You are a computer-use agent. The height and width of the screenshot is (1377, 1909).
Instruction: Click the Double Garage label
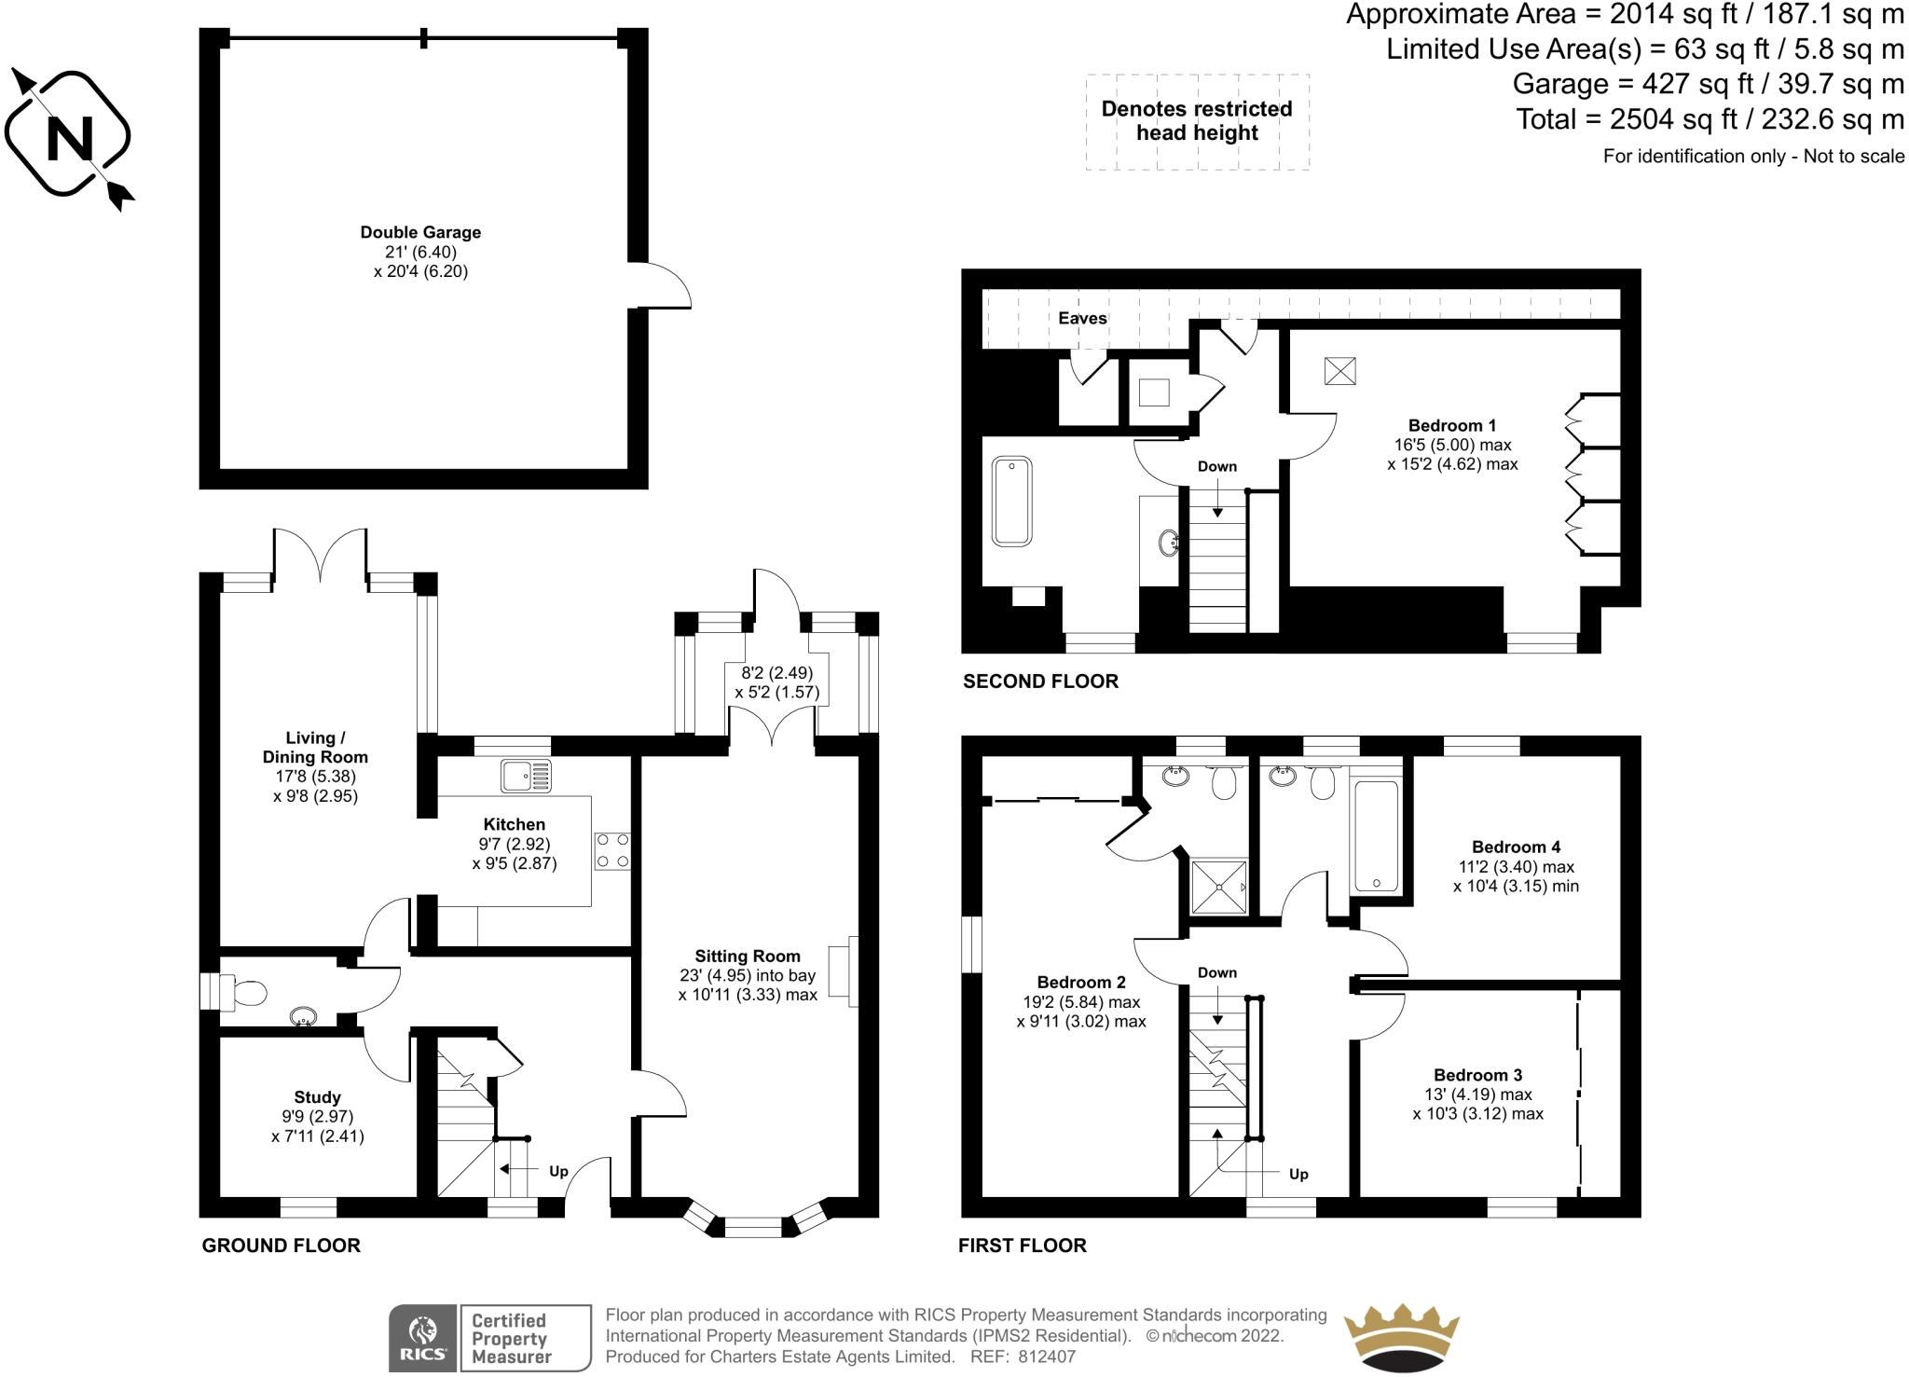[x=420, y=232]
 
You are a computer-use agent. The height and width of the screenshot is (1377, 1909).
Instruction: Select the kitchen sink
[x=526, y=776]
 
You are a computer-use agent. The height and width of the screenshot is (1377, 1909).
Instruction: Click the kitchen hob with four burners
[x=612, y=850]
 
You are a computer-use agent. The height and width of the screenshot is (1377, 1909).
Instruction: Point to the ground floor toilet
[x=245, y=994]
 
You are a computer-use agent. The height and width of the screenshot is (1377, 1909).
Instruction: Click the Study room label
[x=317, y=1097]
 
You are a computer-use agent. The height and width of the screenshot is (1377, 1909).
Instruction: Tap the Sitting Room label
[x=748, y=956]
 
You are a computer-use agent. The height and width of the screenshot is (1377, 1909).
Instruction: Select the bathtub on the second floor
[x=1011, y=501]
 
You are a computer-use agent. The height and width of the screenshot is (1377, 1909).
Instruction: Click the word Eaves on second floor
[x=1082, y=318]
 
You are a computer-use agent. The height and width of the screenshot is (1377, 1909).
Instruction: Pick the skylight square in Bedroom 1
[x=1340, y=371]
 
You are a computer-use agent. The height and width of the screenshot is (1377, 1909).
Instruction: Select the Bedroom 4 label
[x=1516, y=847]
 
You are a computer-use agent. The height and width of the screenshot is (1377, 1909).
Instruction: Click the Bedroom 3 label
[x=1477, y=1075]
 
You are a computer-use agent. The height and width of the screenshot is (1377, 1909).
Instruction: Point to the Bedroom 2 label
[x=1081, y=982]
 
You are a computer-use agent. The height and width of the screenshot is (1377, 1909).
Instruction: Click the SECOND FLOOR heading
[x=1040, y=682]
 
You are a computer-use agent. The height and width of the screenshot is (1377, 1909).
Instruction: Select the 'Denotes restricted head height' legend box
[x=1197, y=121]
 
